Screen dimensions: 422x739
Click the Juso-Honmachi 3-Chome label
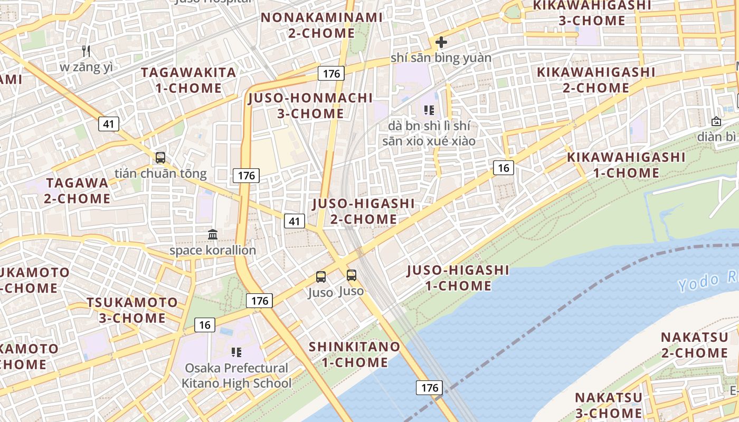[310, 105]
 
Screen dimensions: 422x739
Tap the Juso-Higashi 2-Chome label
[363, 211]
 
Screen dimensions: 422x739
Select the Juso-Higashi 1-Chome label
[458, 278]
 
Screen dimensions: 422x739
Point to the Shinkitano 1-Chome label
[355, 354]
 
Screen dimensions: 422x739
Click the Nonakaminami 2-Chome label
[321, 25]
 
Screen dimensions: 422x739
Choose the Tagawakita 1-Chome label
[188, 80]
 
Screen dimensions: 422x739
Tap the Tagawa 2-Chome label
[77, 191]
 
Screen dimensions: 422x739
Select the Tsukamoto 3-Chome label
[132, 310]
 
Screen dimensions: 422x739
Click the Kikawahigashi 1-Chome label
[626, 165]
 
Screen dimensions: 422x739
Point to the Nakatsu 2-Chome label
[694, 344]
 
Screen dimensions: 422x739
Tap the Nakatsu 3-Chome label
[609, 405]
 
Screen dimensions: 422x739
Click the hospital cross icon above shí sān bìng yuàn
[441, 42]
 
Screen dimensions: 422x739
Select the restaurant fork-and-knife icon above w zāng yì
[87, 51]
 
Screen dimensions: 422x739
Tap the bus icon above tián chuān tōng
[160, 157]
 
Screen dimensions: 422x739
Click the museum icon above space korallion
[213, 234]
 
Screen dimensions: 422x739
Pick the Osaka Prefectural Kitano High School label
[236, 376]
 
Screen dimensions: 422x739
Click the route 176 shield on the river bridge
[430, 388]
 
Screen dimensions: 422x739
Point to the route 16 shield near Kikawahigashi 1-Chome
[504, 168]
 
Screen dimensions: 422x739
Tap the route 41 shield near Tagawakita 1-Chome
[108, 124]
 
